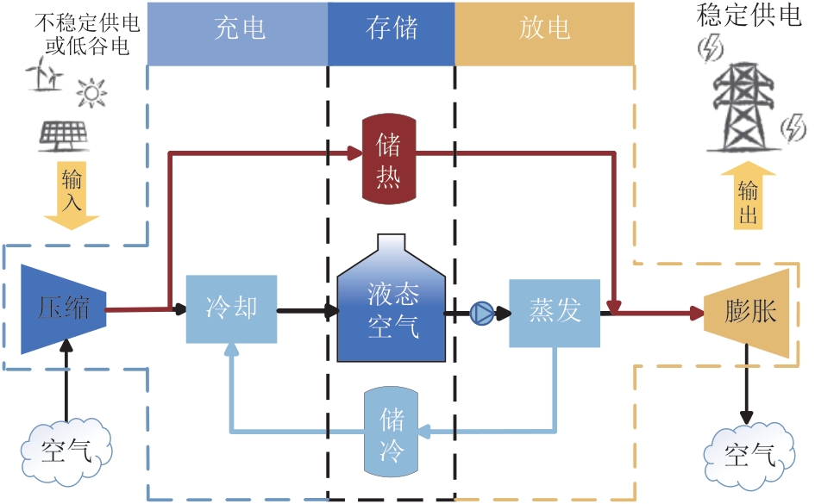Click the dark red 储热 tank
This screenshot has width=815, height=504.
388,161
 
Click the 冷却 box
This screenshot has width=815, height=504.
231,309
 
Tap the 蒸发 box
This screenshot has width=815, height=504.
554,312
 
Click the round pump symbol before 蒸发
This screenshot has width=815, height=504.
481,314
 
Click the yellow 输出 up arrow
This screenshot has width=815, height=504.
748,197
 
